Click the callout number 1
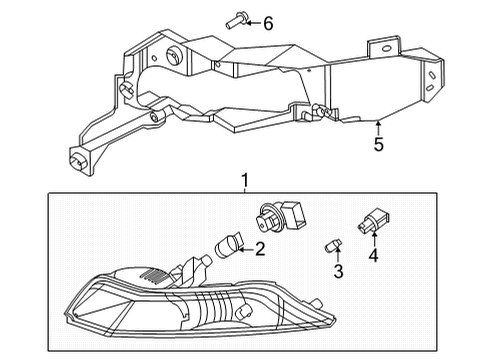pyautogui.click(x=243, y=181)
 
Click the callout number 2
pyautogui.click(x=259, y=250)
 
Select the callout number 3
pyautogui.click(x=338, y=271)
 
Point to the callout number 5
pyautogui.click(x=377, y=145)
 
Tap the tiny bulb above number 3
pyautogui.click(x=335, y=245)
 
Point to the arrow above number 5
pyautogui.click(x=377, y=127)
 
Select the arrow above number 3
pyautogui.click(x=338, y=257)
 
